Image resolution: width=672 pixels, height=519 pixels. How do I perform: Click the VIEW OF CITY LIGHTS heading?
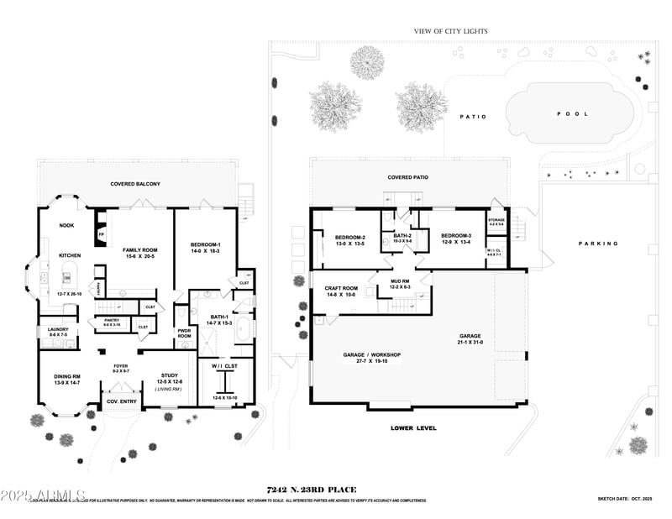pos(450,31)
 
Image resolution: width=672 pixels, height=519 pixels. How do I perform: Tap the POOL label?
pos(573,113)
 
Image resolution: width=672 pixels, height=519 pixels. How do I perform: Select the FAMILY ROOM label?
pos(140,250)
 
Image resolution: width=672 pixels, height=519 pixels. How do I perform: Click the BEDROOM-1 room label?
pos(206,244)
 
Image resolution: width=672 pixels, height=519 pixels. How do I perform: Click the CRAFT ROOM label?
pos(341,288)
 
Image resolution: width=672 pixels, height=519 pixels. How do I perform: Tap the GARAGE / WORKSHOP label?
pos(372,354)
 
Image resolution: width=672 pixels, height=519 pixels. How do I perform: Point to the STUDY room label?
pos(175,376)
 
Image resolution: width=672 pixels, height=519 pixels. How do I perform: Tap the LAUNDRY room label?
pos(58,329)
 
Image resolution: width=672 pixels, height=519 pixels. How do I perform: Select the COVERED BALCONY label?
pos(135,184)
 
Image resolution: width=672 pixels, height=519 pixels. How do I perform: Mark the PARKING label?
pos(598,244)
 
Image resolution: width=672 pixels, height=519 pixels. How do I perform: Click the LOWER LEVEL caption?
pos(413,427)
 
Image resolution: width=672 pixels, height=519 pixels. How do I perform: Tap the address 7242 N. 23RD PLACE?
pos(311,490)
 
